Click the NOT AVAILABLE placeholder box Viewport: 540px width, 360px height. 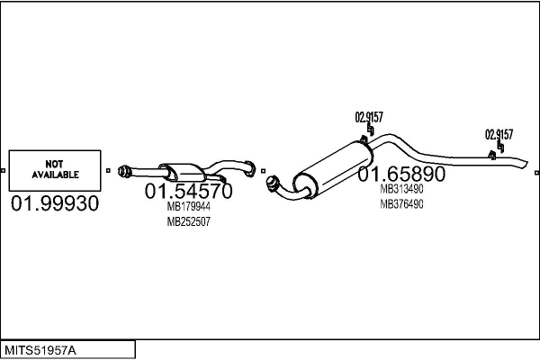point(55,170)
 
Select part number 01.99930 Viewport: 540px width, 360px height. point(55,203)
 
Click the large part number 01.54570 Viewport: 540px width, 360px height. point(188,191)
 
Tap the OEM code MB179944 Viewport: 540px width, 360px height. point(188,206)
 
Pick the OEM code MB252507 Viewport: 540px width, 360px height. point(188,221)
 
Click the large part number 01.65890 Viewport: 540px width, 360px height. point(401,174)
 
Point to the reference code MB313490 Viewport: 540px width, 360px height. point(401,189)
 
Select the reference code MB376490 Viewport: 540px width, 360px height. point(401,204)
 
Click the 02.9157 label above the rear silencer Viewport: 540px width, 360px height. point(369,117)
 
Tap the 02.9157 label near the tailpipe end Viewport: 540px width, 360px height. point(499,134)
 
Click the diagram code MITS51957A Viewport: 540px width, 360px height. point(40,350)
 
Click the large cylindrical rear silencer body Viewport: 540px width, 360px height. point(333,168)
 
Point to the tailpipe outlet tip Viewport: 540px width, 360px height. point(526,164)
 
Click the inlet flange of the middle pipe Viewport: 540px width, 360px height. point(123,172)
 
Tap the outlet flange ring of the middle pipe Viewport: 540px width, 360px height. point(250,168)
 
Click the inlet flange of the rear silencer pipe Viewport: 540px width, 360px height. point(273,184)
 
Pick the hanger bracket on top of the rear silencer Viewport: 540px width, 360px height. point(364,139)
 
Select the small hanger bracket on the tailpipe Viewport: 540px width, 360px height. point(492,156)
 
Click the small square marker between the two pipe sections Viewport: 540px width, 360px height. point(264,171)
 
